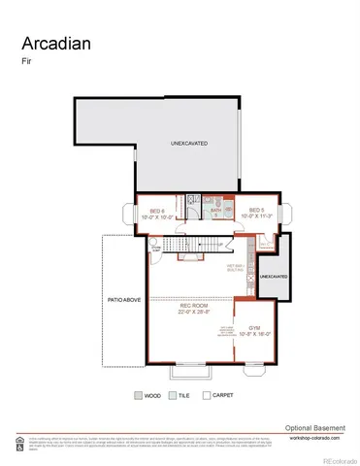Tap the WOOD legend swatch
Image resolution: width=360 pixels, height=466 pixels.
pyautogui.click(x=138, y=396)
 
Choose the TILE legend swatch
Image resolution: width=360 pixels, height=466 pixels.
pyautogui.click(x=172, y=396)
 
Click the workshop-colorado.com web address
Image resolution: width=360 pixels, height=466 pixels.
pyautogui.click(x=316, y=438)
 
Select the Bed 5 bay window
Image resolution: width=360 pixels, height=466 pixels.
pyautogui.click(x=285, y=216)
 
